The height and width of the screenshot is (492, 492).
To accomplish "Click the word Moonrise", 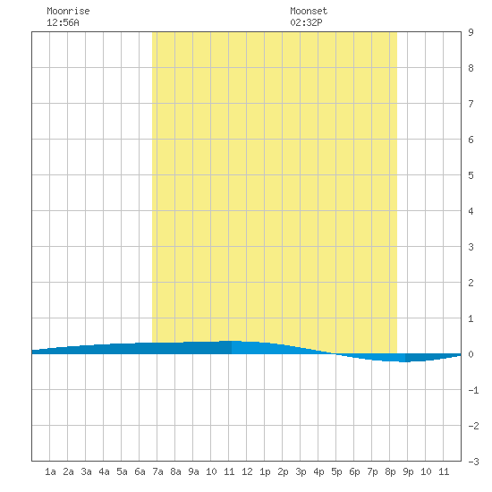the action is click(x=68, y=11).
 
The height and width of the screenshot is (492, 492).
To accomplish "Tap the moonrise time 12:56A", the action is click(x=63, y=22).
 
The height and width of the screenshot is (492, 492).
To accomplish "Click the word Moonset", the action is click(x=309, y=11).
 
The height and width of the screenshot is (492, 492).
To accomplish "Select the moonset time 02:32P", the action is click(x=306, y=22).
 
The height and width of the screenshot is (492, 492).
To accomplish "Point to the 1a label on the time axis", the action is click(x=50, y=471).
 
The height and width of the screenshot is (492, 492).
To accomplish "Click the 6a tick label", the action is click(x=140, y=471).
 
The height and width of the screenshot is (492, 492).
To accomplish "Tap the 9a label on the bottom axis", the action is click(x=193, y=471).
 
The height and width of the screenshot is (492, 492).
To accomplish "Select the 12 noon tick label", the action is click(x=247, y=471).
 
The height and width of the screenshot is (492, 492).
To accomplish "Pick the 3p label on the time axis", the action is click(x=301, y=471).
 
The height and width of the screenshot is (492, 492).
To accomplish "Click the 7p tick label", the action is click(x=372, y=471).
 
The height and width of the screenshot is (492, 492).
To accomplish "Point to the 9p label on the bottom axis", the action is click(x=408, y=471).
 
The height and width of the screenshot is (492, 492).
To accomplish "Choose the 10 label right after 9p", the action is click(x=426, y=471).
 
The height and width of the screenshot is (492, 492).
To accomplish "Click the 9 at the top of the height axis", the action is click(x=471, y=32).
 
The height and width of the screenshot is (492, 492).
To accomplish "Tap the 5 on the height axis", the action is click(x=471, y=175).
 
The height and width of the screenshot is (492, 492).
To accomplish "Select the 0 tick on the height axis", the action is click(x=471, y=354).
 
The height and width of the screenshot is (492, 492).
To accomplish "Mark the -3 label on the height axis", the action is click(x=473, y=462).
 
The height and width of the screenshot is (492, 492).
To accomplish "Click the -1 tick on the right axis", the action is click(x=473, y=390).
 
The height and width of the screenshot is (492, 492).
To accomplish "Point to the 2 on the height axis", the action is click(x=471, y=283).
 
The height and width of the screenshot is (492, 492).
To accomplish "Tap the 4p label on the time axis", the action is click(x=318, y=471).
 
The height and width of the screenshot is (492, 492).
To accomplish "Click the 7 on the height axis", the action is click(x=471, y=104).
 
